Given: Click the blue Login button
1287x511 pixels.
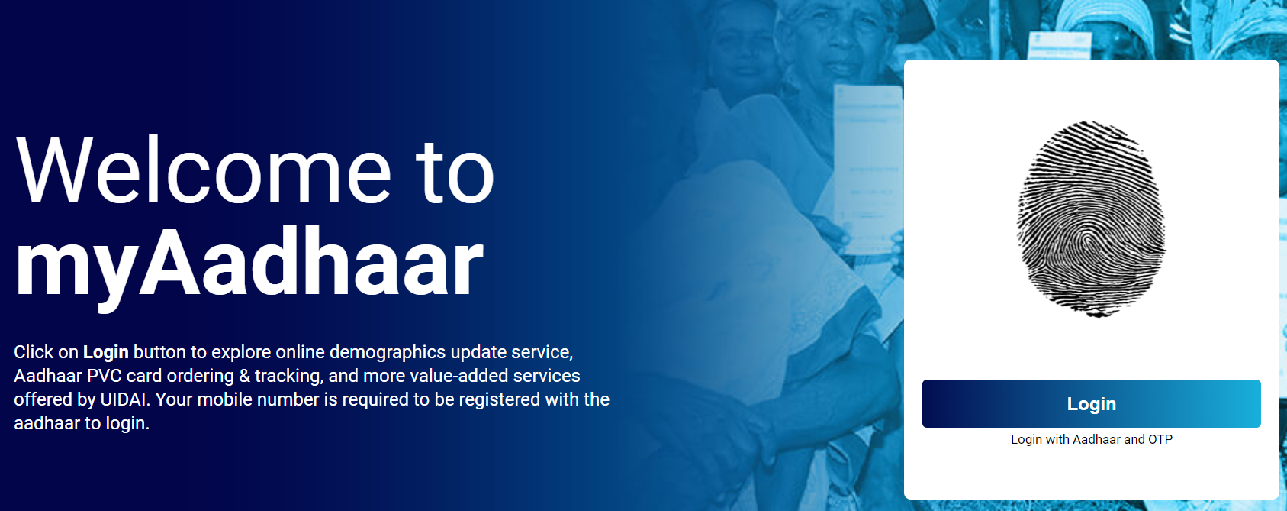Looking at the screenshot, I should point(1091,404).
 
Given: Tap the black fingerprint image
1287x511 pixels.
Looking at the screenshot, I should point(1091,218).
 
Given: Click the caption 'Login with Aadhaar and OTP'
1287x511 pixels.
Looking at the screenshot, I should point(1091,439).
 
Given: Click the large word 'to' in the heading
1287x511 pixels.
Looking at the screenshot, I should point(455,172).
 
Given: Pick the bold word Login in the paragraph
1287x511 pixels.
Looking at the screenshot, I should point(105,352).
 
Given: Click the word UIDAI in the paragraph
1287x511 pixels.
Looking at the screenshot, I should point(125,399).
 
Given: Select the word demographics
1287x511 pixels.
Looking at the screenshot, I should point(388,352).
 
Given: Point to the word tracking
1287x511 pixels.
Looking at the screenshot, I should point(288,376).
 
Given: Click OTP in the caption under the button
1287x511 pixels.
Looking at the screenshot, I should point(1160,439).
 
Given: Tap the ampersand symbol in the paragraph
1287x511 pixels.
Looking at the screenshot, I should point(244,376).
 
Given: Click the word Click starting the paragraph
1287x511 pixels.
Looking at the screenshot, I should point(34,352).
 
